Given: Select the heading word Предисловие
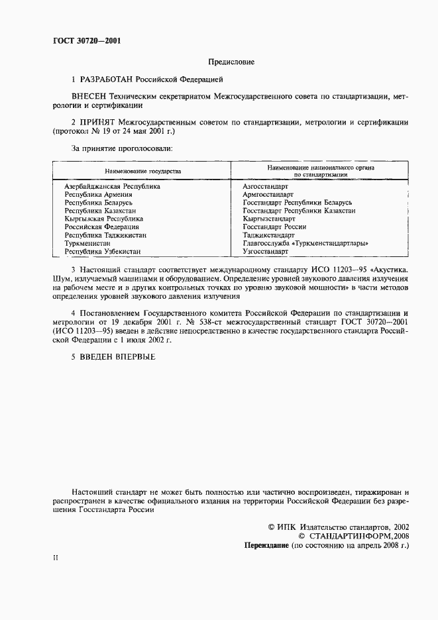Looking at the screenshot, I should point(231,62).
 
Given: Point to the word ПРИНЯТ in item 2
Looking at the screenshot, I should point(99,123).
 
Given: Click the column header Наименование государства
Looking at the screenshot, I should point(142,171).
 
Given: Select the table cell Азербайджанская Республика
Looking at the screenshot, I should point(112,187).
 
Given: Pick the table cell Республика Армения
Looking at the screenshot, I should point(98,195).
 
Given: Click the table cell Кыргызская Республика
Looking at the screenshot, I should point(104,219).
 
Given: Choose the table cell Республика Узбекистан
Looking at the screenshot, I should point(102,252).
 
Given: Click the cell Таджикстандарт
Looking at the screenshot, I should point(268,235).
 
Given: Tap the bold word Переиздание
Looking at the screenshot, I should point(267,545).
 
